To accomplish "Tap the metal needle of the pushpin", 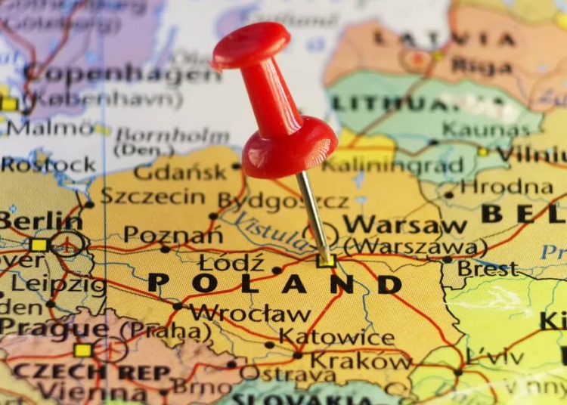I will [x=313, y=215].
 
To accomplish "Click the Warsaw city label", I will [x=404, y=224].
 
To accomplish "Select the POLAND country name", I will [x=275, y=283].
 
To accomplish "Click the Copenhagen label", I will [x=121, y=74].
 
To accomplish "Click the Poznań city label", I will [x=173, y=235].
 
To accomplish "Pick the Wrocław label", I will [x=249, y=313].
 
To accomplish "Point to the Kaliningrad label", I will [x=392, y=165].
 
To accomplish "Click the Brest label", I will [x=488, y=267].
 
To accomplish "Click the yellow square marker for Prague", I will [x=83, y=350].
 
